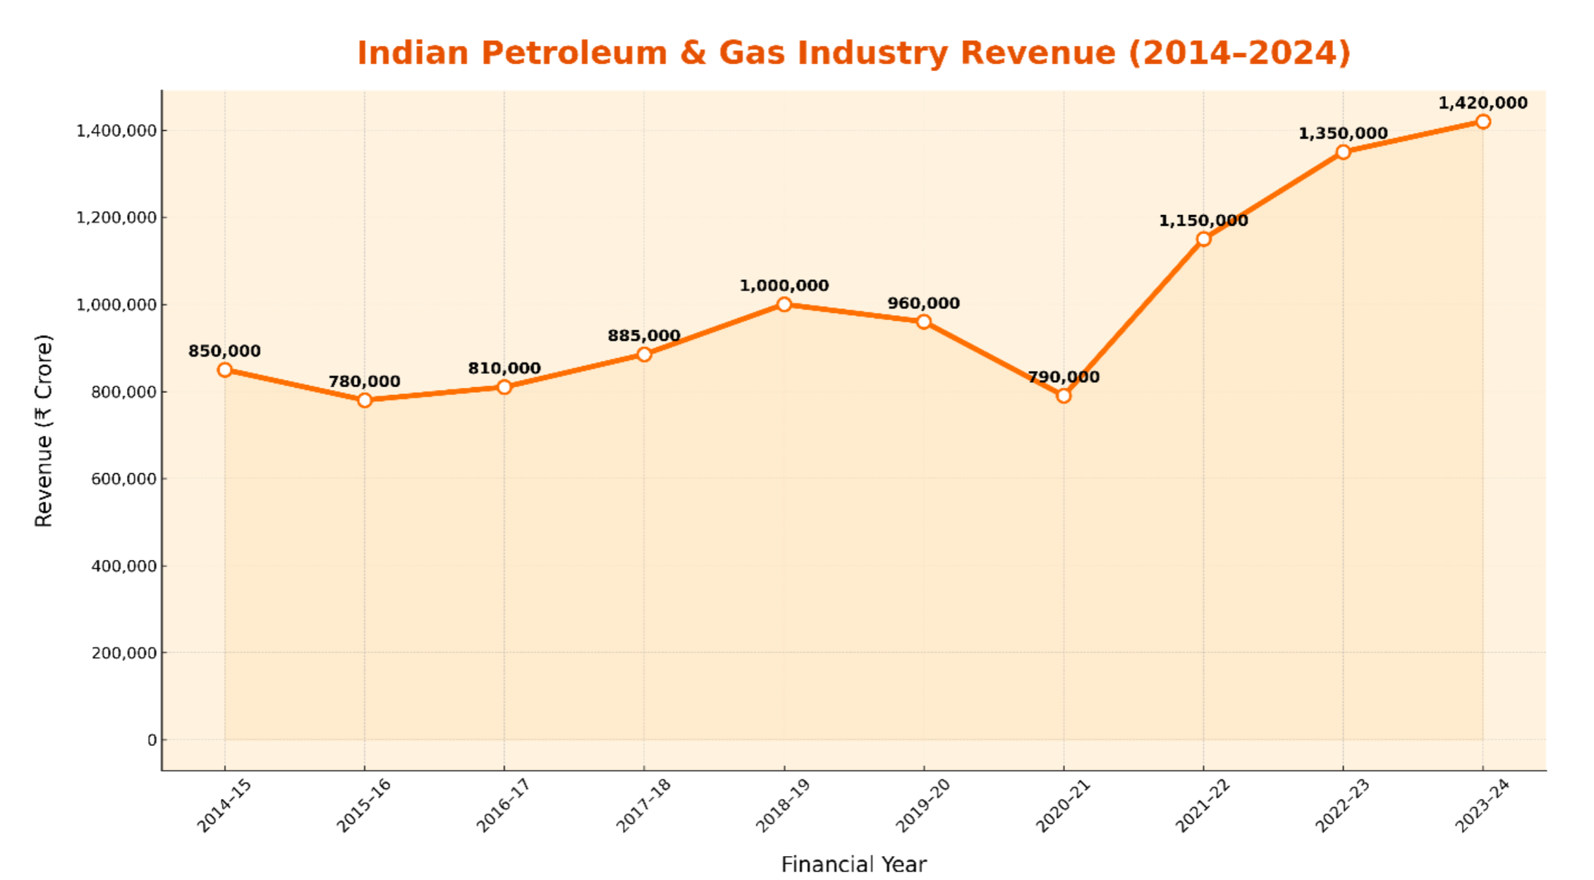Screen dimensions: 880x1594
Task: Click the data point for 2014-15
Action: pyautogui.click(x=225, y=369)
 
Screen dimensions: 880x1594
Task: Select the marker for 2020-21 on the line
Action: pyautogui.click(x=1064, y=396)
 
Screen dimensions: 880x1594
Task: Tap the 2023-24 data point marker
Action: pyautogui.click(x=1483, y=121)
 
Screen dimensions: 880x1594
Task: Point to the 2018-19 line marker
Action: pyautogui.click(x=784, y=304)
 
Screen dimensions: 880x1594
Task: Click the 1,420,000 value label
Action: pyautogui.click(x=1483, y=103)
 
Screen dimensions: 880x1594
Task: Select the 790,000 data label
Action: pyautogui.click(x=1064, y=377)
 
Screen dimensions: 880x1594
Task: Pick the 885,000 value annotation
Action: pyautogui.click(x=644, y=336)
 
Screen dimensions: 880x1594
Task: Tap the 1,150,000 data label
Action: pyautogui.click(x=1203, y=221)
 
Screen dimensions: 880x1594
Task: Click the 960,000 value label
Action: pyautogui.click(x=923, y=303)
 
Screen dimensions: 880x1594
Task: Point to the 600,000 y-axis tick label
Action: pyautogui.click(x=123, y=479)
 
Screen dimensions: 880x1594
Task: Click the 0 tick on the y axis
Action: pyautogui.click(x=152, y=740)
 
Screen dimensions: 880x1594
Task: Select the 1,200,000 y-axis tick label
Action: pyautogui.click(x=116, y=218)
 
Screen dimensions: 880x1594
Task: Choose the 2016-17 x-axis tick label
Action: pyautogui.click(x=503, y=805)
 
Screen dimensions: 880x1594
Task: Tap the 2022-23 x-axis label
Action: pyautogui.click(x=1342, y=805)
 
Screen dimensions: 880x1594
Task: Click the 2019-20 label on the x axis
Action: pyautogui.click(x=923, y=805)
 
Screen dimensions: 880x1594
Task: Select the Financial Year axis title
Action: pyautogui.click(x=853, y=864)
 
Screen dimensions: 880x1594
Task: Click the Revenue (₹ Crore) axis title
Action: pyautogui.click(x=44, y=430)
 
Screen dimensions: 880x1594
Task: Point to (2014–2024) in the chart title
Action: pyautogui.click(x=1239, y=53)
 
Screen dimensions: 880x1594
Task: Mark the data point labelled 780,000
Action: pyautogui.click(x=365, y=400)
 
